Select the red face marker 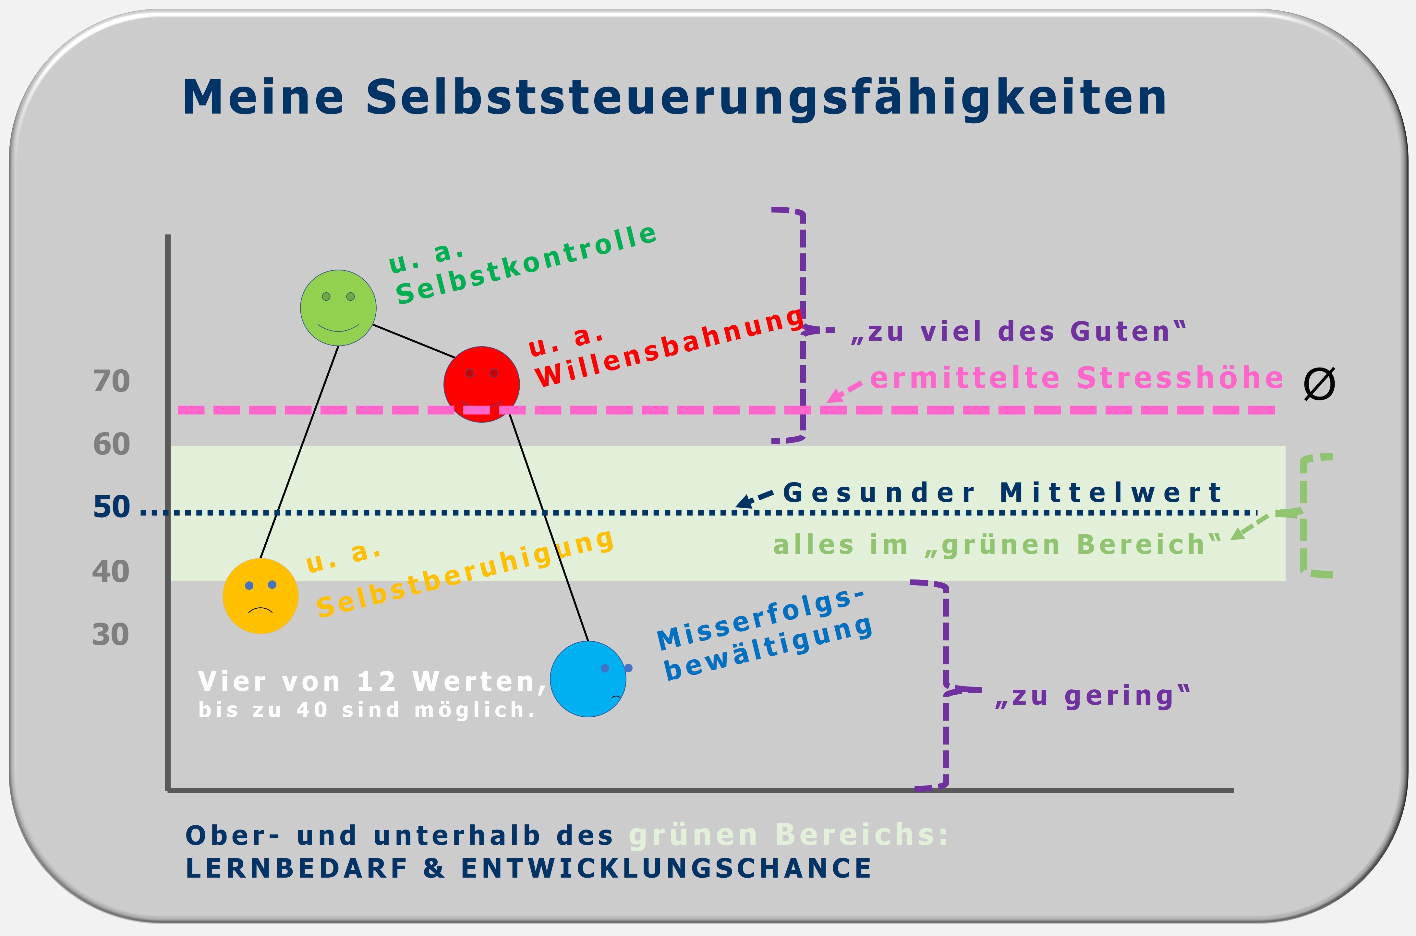click(x=481, y=384)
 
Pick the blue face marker click(x=588, y=679)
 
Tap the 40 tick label click(x=111, y=571)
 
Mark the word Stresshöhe click(x=1180, y=378)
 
